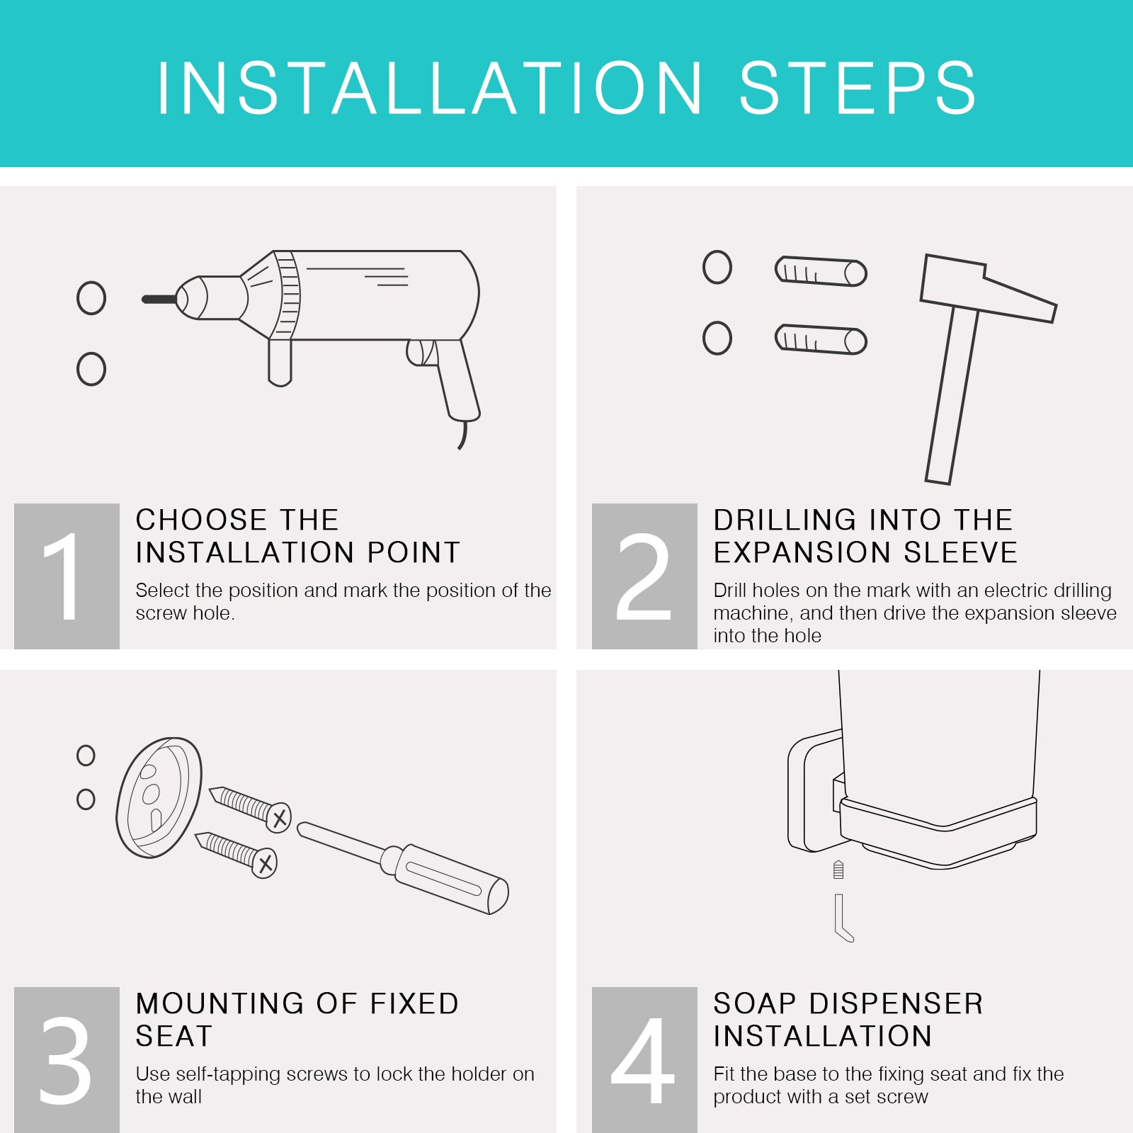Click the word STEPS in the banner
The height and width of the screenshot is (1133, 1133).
pyautogui.click(x=858, y=88)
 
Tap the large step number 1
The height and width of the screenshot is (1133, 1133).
pyautogui.click(x=63, y=576)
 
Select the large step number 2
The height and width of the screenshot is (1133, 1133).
pyautogui.click(x=643, y=576)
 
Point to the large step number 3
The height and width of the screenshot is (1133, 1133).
pyautogui.click(x=65, y=1060)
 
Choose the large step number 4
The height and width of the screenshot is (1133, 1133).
pyautogui.click(x=642, y=1060)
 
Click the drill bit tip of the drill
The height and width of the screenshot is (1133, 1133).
pyautogui.click(x=144, y=300)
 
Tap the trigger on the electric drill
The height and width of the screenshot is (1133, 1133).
pyautogui.click(x=421, y=352)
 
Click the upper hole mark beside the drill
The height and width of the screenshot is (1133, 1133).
pyautogui.click(x=91, y=298)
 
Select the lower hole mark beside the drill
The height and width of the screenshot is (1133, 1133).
pyautogui.click(x=91, y=369)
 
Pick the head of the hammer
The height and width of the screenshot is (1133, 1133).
pyautogui.click(x=988, y=288)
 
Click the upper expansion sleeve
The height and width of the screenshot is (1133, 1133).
pyautogui.click(x=821, y=271)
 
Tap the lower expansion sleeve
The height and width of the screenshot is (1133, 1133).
pyautogui.click(x=821, y=339)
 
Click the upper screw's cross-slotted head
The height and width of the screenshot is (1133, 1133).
pyautogui.click(x=279, y=819)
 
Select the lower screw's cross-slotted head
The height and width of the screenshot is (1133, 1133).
pyautogui.click(x=264, y=863)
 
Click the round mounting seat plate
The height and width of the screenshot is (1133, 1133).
pyautogui.click(x=159, y=797)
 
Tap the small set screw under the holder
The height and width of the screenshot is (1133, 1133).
pyautogui.click(x=838, y=870)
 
